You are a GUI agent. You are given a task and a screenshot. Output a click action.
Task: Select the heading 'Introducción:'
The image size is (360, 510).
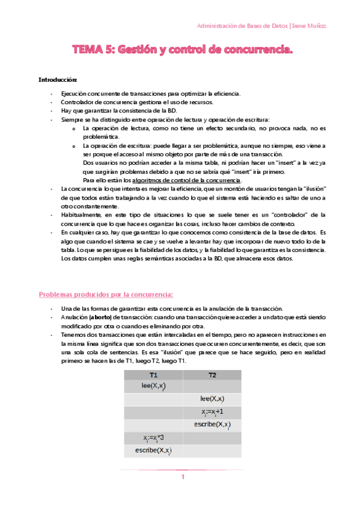tap(58, 79)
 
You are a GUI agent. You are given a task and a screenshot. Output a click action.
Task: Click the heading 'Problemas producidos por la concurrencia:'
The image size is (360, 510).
tap(106, 294)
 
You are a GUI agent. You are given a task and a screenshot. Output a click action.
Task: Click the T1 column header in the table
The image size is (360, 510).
tap(153, 375)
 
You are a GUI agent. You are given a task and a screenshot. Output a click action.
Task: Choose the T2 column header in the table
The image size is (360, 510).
tap(212, 375)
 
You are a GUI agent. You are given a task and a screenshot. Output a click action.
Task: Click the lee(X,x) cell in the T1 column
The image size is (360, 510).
tap(153, 386)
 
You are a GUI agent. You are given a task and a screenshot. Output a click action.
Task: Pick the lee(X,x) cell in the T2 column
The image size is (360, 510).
tap(212, 399)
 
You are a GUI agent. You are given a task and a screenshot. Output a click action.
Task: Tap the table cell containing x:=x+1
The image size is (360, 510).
tap(212, 411)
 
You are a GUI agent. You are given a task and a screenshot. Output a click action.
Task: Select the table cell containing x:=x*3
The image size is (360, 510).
tap(153, 437)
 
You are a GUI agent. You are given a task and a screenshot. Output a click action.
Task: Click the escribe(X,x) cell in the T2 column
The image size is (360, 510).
tap(212, 425)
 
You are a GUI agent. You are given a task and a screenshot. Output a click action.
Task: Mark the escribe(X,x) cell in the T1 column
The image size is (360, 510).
tap(153, 450)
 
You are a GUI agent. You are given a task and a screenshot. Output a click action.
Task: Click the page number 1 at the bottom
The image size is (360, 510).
tap(183, 477)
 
